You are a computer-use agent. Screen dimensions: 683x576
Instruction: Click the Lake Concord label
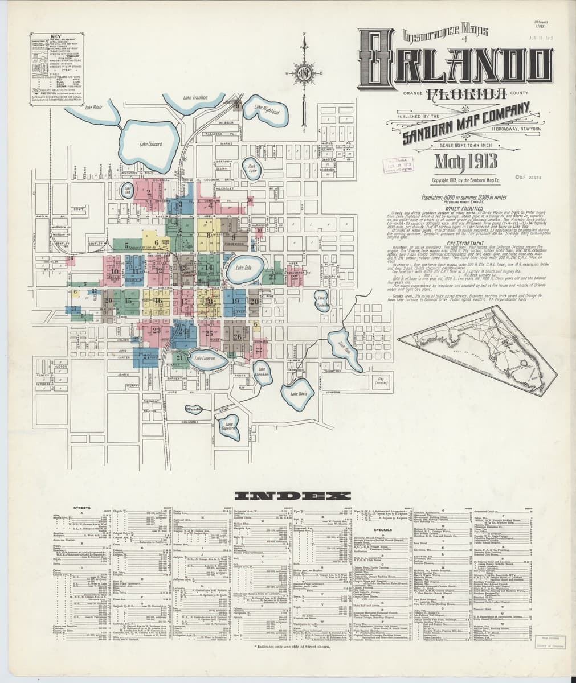pos(151,144)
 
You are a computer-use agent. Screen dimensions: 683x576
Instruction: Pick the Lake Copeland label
pos(230,426)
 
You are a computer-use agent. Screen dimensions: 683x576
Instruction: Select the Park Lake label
pos(253,168)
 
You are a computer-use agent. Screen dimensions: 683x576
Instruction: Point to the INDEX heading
pos(288,496)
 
